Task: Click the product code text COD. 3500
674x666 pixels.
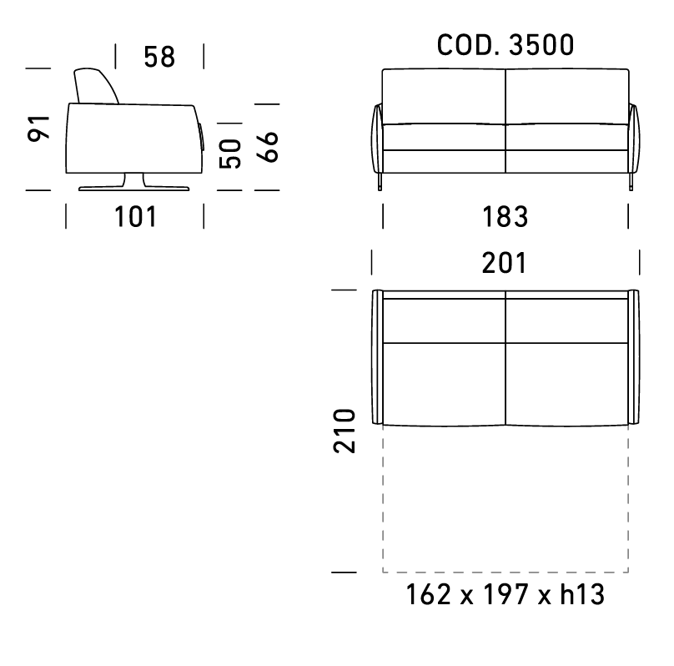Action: [x=505, y=45]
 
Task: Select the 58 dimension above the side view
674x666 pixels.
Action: [x=159, y=57]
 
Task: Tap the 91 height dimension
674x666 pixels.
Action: [x=38, y=129]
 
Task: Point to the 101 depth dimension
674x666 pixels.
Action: [x=135, y=216]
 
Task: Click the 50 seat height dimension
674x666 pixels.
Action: [x=230, y=154]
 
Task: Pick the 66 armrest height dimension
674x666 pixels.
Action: [x=268, y=147]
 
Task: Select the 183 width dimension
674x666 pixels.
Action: [x=505, y=216]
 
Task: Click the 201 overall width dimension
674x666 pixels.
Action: [x=504, y=263]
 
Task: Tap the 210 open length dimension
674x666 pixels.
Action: [x=345, y=431]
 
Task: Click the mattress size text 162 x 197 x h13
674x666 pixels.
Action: [x=505, y=594]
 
